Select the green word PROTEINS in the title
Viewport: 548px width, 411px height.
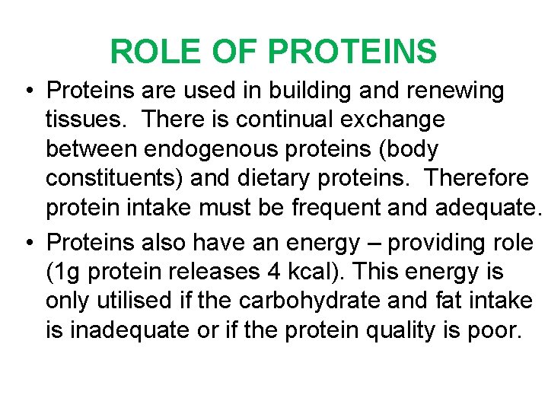pyautogui.click(x=352, y=52)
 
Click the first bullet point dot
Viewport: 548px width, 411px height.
pyautogui.click(x=27, y=91)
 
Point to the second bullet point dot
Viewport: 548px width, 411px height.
pyautogui.click(x=27, y=244)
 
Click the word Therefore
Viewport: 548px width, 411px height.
pyautogui.click(x=476, y=178)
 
